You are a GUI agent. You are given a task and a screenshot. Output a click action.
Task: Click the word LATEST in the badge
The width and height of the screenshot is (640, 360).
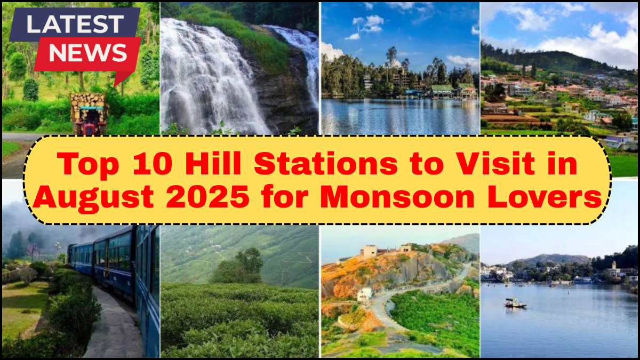pos(75,24)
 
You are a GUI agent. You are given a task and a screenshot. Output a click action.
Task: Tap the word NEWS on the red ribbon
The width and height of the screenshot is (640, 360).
pos(87,53)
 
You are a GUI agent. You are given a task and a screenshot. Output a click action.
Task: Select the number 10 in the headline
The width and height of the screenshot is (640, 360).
pos(153,164)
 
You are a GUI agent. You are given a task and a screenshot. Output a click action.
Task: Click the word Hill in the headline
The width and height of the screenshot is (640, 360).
pos(213,163)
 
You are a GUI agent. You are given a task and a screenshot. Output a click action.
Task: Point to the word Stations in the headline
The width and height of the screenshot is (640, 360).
pos(326,163)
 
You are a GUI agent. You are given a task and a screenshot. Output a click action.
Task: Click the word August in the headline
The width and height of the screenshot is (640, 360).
pos(94,198)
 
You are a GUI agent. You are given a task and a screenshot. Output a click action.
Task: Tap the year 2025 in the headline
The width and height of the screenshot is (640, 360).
pos(208,197)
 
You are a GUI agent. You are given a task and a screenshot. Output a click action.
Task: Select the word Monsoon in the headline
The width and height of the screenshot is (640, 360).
pos(397,197)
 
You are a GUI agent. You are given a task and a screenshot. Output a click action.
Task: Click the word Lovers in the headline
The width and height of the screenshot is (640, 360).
pos(545,197)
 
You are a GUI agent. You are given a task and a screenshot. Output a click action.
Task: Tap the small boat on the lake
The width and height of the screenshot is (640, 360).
pos(515,303)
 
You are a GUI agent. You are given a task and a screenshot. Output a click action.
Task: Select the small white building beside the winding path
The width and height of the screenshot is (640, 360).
pos(365,294)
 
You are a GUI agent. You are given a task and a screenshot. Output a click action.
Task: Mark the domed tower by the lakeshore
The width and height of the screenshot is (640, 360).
pos(613,269)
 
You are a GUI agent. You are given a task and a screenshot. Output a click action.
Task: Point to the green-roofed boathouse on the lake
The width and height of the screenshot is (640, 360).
pos(442,91)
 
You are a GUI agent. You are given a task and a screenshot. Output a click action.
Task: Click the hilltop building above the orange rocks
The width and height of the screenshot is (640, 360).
pos(371,250)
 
